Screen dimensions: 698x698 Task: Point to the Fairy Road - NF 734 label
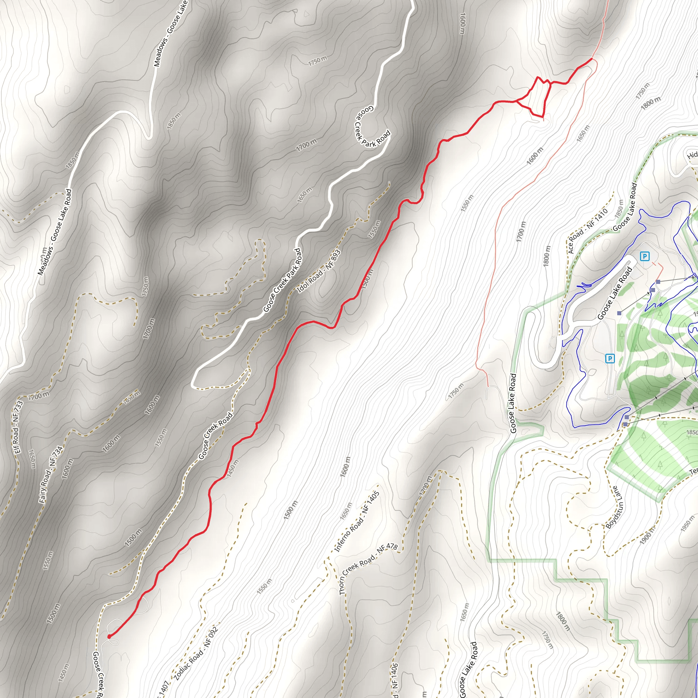(x=50, y=474)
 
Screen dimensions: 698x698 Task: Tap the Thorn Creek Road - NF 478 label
(x=368, y=570)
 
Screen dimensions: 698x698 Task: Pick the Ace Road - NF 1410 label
(x=588, y=231)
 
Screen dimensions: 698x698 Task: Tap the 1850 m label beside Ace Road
(x=619, y=209)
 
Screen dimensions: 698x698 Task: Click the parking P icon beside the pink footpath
(x=644, y=257)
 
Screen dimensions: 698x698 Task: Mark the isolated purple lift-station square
(x=620, y=313)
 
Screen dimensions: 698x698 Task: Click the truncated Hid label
(x=692, y=155)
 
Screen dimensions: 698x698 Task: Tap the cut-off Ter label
(x=693, y=471)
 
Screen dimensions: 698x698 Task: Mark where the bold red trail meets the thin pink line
(x=592, y=58)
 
